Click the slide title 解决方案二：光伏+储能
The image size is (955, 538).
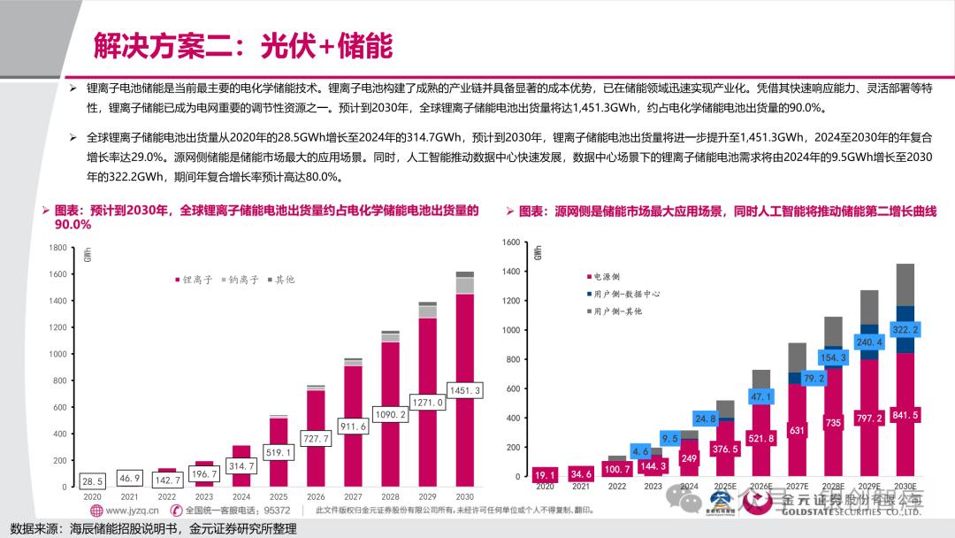pyautogui.click(x=243, y=45)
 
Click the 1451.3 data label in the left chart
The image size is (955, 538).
pyautogui.click(x=464, y=390)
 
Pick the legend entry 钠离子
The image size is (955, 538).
pyautogui.click(x=240, y=280)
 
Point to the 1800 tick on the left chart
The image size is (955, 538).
pyautogui.click(x=57, y=248)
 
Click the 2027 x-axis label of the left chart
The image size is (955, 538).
pyautogui.click(x=353, y=497)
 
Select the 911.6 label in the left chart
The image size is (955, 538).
pyautogui.click(x=353, y=427)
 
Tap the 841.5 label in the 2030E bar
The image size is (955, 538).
pyautogui.click(x=904, y=415)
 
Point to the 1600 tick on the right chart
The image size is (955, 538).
pyautogui.click(x=510, y=242)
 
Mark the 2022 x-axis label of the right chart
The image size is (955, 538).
pyautogui.click(x=617, y=487)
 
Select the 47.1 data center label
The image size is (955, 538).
pyautogui.click(x=760, y=396)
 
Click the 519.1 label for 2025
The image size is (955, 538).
pyautogui.click(x=279, y=452)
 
